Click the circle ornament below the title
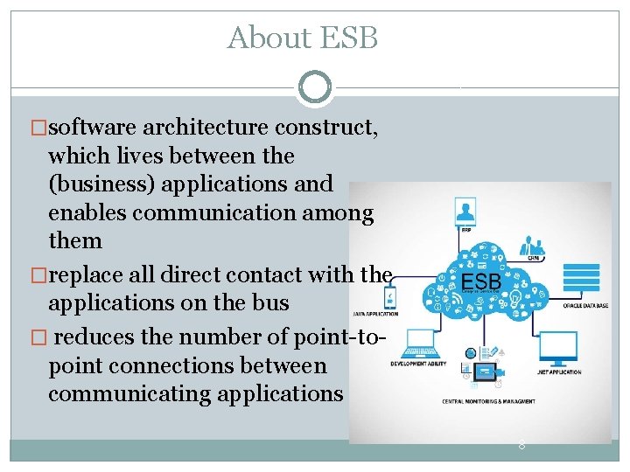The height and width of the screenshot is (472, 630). point(315,86)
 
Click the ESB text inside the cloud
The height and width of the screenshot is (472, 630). point(480,283)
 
